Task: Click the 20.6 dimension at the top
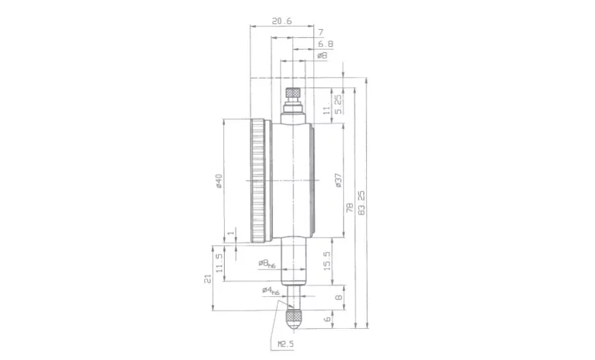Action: click(x=282, y=21)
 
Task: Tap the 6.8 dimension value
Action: click(x=325, y=44)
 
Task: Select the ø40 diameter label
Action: click(x=219, y=181)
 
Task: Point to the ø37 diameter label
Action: click(x=338, y=181)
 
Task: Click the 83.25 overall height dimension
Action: click(x=361, y=203)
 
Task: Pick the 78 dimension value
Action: click(x=350, y=207)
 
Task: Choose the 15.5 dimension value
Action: click(x=327, y=262)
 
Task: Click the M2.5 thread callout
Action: click(x=286, y=344)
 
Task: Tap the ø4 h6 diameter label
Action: click(x=270, y=291)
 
